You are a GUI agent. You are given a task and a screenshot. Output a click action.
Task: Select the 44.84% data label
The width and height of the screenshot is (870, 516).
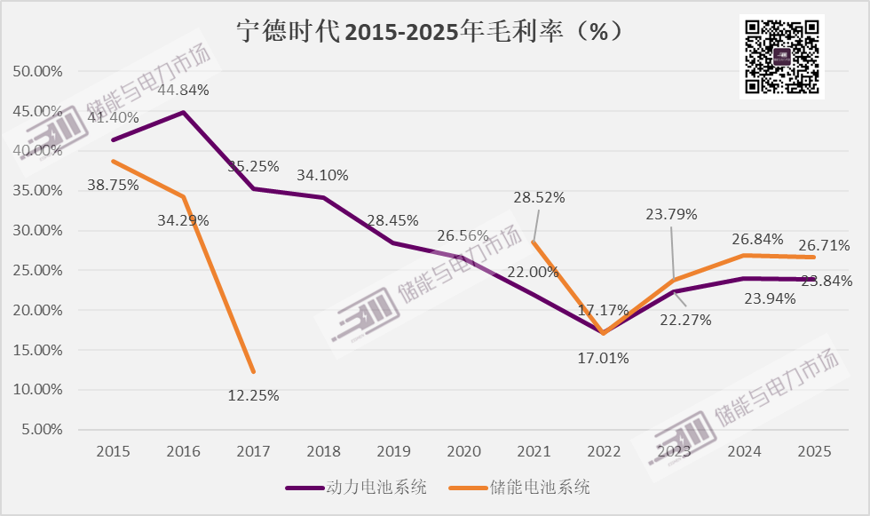point(183,90)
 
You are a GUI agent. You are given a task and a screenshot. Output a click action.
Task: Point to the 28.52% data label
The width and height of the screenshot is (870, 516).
point(538,197)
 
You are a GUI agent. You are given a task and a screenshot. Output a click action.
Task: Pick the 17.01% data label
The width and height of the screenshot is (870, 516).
point(604,359)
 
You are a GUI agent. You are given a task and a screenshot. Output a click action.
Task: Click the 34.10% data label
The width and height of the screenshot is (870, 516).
point(322,175)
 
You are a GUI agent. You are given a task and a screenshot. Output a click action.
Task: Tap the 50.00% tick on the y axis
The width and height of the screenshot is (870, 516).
point(36,71)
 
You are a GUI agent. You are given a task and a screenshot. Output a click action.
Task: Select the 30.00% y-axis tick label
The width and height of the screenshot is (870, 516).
point(36,230)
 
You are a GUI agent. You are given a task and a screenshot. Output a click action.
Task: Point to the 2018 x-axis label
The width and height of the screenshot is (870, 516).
point(323,452)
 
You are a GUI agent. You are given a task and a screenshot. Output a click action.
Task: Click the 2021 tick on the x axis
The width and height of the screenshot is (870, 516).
point(534,452)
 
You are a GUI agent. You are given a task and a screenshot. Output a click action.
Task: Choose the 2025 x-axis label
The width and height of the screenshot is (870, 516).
point(814,452)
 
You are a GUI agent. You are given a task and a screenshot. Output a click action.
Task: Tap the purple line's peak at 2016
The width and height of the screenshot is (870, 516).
point(183,112)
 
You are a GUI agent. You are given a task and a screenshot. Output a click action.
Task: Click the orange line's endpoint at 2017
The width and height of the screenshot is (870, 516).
point(253,371)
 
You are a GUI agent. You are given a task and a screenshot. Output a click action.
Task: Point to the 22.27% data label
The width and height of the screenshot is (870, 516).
point(686,320)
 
